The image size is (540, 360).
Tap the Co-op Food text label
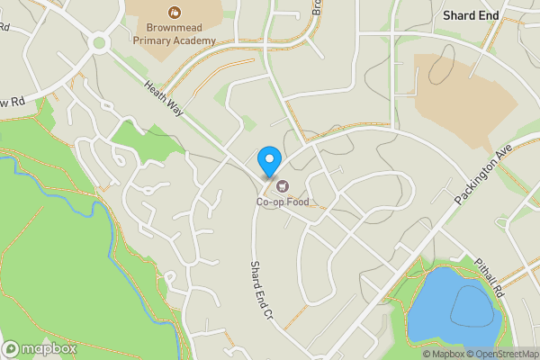click(282, 202)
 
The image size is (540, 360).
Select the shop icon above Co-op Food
click(283, 186)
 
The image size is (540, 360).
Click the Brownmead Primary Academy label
click(174, 34)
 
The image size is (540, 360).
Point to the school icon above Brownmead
click(174, 12)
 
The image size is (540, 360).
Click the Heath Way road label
click(165, 96)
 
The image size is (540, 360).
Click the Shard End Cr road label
click(261, 290)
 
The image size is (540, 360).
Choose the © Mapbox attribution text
click(445, 354)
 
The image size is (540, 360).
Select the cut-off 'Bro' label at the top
click(317, 7)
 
